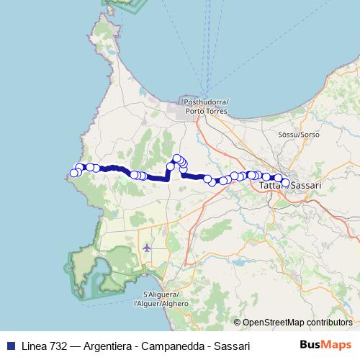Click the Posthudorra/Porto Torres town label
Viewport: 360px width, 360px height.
click(206, 107)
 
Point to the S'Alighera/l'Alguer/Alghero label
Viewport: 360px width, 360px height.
click(166, 299)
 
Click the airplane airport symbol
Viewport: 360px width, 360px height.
click(148, 248)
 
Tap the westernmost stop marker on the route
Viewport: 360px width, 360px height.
click(73, 173)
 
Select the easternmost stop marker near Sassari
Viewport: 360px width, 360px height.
click(285, 183)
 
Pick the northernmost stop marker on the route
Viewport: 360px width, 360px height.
click(176, 158)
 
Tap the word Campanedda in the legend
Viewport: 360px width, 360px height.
click(166, 344)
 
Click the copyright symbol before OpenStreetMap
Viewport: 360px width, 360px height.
click(238, 323)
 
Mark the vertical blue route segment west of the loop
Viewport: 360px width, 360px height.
click(169, 175)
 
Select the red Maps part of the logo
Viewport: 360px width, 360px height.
click(334, 344)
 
